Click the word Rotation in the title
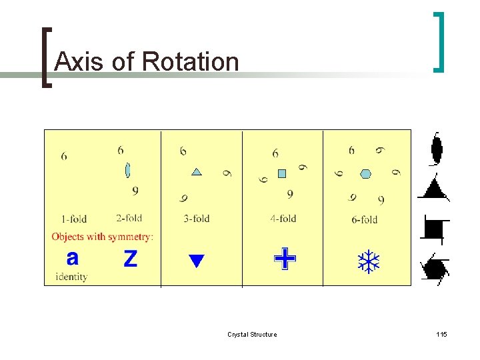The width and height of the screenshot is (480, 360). tap(191, 61)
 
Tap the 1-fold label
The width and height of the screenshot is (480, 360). tap(73, 219)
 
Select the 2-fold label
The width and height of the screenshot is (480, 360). tap(129, 218)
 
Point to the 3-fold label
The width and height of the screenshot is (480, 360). tap(196, 218)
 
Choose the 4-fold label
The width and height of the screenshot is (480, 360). tap(283, 218)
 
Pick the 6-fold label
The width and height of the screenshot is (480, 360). tap(364, 219)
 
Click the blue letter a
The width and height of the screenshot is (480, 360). tap(73, 257)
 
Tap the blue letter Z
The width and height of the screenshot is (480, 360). tap(131, 259)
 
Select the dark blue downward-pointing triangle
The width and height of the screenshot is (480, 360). tap(195, 261)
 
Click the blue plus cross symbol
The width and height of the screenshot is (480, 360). tap(285, 259)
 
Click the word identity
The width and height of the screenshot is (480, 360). tap(71, 277)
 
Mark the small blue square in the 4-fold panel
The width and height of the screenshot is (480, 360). tap(281, 173)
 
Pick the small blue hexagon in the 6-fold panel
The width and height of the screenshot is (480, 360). tap(365, 174)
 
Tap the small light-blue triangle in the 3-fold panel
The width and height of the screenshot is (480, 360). tap(197, 172)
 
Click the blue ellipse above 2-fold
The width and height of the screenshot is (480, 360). tap(127, 170)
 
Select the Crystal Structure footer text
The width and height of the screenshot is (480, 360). tap(252, 334)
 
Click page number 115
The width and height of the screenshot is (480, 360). tap(441, 334)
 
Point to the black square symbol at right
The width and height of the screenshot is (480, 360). tap(434, 229)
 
